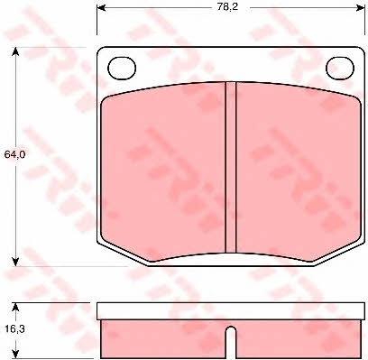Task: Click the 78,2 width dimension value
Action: [227, 7]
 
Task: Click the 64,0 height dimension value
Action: [14, 154]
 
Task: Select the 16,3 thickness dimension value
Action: [15, 329]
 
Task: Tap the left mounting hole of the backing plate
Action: [122, 69]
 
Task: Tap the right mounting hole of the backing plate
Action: [340, 69]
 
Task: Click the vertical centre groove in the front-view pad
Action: [231, 167]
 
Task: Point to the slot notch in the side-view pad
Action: [231, 342]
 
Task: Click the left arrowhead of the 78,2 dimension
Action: [101, 7]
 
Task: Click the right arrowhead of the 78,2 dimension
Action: [361, 7]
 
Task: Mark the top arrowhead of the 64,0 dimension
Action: [15, 51]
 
